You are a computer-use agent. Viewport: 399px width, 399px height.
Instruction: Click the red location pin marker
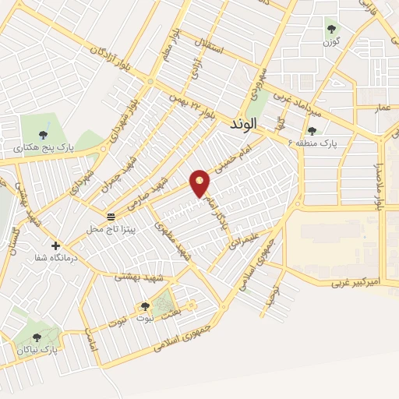201,184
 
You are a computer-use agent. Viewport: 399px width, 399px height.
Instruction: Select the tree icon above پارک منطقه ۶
312,131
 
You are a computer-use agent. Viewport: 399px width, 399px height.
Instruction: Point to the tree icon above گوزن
332,29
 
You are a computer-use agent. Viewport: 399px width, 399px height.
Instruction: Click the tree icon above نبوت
144,305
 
